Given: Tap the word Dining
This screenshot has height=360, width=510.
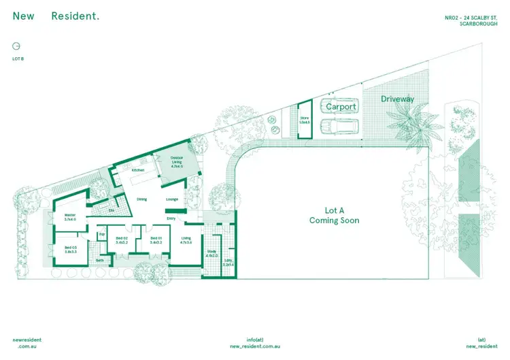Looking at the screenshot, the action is click(142, 199).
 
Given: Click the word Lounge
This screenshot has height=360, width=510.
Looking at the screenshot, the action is click(173, 199).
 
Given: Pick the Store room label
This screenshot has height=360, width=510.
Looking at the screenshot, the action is click(304, 120).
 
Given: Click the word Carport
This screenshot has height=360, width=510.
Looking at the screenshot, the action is click(341, 107).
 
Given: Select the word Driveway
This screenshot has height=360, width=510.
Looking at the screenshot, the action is click(397, 99).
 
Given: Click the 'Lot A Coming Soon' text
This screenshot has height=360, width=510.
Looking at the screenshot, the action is click(334, 215).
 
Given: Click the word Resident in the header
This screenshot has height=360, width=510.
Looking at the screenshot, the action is click(75, 16).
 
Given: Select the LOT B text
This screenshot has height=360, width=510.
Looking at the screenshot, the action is click(18, 59).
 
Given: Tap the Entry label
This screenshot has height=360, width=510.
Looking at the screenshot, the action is click(171, 218).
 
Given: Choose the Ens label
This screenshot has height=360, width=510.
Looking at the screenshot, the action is click(112, 210).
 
